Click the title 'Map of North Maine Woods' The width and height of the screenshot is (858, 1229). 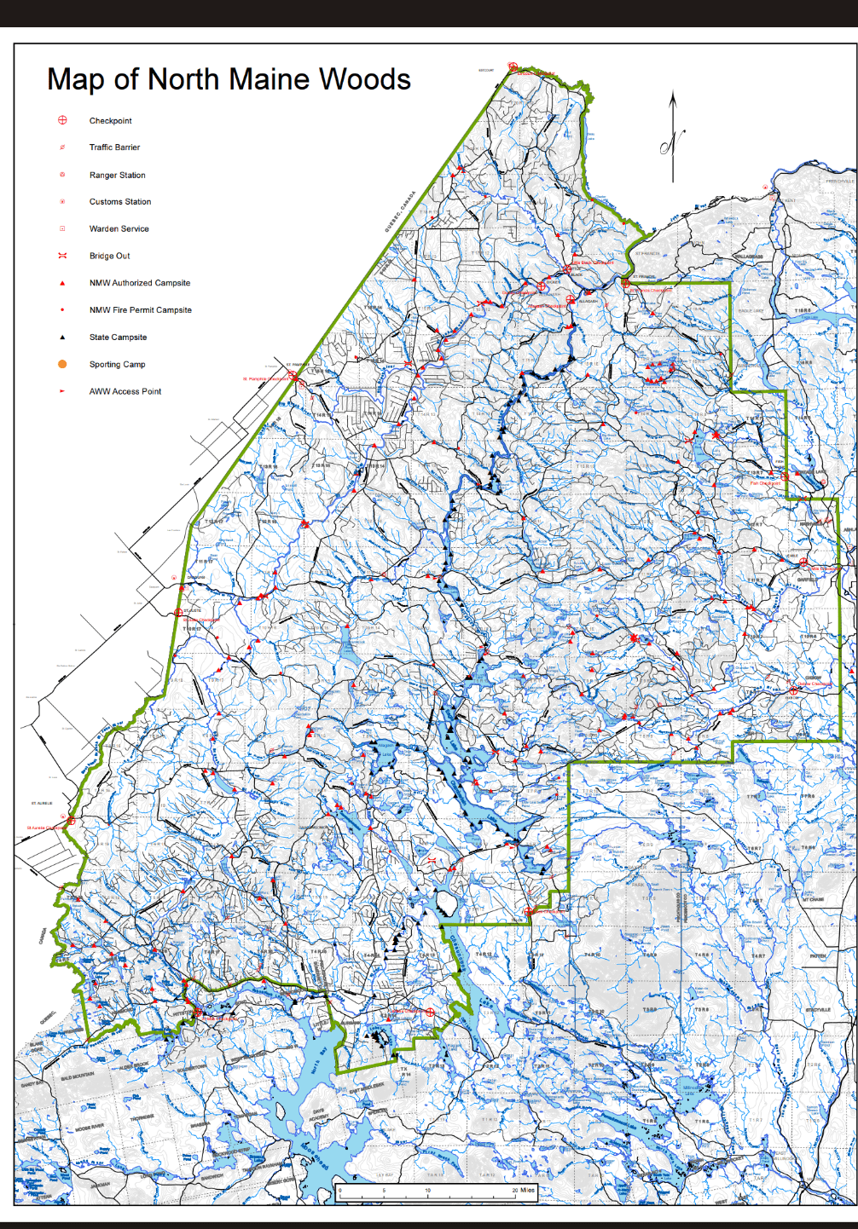[x=229, y=79]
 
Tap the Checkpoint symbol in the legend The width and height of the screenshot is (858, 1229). [x=62, y=120]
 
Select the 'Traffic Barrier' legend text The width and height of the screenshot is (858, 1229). [x=114, y=147]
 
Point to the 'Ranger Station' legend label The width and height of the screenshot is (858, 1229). [x=117, y=175]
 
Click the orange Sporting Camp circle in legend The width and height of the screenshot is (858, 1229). [x=62, y=364]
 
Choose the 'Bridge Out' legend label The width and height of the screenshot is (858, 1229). [x=109, y=256]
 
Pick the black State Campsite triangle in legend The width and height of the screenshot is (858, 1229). [x=62, y=337]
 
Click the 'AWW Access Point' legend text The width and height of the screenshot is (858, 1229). [x=125, y=391]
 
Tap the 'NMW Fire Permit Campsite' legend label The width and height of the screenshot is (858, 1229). [x=140, y=310]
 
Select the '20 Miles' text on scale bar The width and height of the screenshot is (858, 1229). [x=523, y=1191]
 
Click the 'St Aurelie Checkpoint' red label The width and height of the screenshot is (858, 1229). [x=44, y=828]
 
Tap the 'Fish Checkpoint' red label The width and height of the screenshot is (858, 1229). [x=765, y=483]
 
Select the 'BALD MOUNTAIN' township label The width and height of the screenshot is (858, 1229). [x=78, y=1077]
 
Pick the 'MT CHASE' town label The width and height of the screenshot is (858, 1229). [x=812, y=899]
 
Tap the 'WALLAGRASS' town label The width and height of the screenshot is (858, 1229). [x=747, y=257]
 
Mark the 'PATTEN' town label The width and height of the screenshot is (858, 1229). [x=817, y=955]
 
